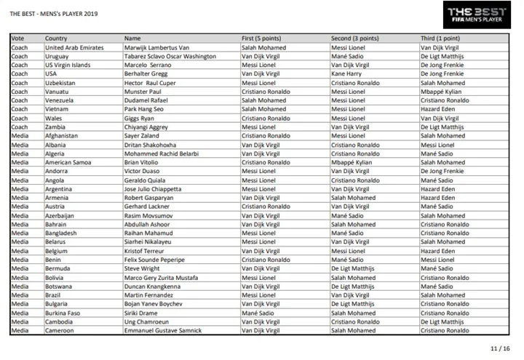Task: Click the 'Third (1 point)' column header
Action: tap(439, 39)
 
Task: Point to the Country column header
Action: tap(57, 39)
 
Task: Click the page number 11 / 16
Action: tap(501, 348)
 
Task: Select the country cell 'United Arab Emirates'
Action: tap(74, 47)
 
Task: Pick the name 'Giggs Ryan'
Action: tap(140, 118)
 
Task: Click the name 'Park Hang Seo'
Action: tap(144, 109)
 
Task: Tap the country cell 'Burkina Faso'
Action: tap(63, 313)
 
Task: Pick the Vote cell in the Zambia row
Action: tap(20, 127)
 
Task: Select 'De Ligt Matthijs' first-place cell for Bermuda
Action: tap(263, 268)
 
